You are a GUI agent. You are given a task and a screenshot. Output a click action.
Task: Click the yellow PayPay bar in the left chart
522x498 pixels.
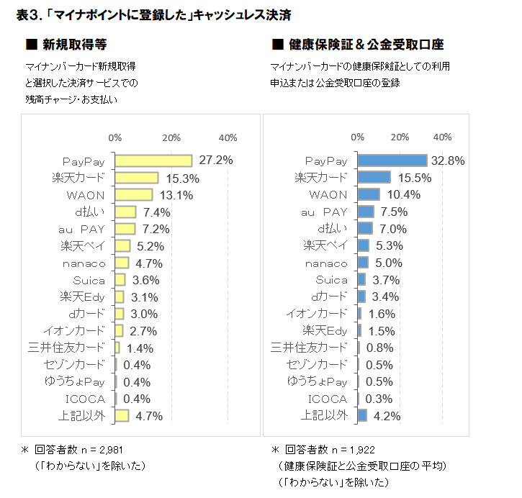click(x=153, y=160)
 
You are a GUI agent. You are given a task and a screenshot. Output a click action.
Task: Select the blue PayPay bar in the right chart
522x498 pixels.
click(x=392, y=160)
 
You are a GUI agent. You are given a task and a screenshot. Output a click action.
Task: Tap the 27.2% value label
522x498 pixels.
click(x=215, y=160)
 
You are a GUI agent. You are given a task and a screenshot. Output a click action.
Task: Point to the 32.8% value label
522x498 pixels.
click(x=447, y=160)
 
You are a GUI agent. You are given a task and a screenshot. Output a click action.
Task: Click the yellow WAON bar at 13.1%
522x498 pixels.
click(x=133, y=195)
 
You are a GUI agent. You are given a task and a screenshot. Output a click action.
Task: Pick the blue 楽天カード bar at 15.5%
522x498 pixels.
click(x=374, y=178)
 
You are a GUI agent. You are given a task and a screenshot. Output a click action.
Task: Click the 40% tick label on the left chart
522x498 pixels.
click(x=228, y=137)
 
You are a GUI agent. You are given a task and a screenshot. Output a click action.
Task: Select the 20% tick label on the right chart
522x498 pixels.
click(x=400, y=137)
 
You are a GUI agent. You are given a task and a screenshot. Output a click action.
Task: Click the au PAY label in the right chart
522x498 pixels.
click(x=324, y=212)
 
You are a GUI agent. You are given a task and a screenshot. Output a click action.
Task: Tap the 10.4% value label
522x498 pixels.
click(x=394, y=195)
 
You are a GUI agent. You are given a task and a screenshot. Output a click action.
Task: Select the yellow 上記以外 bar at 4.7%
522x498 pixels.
click(x=122, y=415)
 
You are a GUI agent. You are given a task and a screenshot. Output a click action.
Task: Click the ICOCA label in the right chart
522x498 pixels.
click(x=328, y=399)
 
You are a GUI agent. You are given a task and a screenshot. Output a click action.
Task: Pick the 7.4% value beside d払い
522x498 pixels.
click(x=156, y=212)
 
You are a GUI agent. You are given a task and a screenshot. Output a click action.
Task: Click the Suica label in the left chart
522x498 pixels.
click(x=89, y=280)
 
